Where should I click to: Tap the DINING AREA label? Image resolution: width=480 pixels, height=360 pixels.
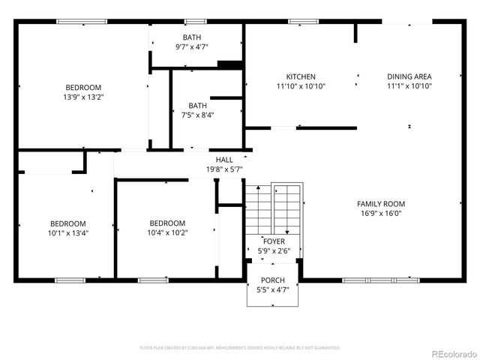click(x=409, y=76)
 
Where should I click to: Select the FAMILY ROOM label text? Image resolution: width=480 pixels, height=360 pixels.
click(x=381, y=204)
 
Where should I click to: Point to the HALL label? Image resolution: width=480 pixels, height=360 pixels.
click(x=224, y=160)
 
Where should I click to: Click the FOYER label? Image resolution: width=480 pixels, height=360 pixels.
click(x=273, y=241)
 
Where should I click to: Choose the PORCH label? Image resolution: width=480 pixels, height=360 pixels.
click(x=272, y=279)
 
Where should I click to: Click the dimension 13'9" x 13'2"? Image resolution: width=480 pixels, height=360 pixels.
click(x=82, y=97)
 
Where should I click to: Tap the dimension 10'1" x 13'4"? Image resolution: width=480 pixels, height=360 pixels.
click(x=67, y=232)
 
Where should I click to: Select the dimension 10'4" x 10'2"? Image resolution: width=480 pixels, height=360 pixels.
click(x=167, y=232)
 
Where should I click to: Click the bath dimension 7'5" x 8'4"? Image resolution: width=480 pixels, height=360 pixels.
click(x=197, y=115)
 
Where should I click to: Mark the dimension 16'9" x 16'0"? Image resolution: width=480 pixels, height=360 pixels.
click(x=381, y=213)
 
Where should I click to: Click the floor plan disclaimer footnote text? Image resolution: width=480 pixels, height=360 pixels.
click(x=240, y=348)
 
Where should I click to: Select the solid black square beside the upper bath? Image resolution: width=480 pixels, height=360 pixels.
click(x=229, y=65)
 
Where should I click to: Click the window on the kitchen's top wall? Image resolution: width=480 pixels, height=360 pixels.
click(x=300, y=22)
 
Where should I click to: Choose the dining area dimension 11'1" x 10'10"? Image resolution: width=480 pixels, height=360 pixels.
click(x=409, y=85)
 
